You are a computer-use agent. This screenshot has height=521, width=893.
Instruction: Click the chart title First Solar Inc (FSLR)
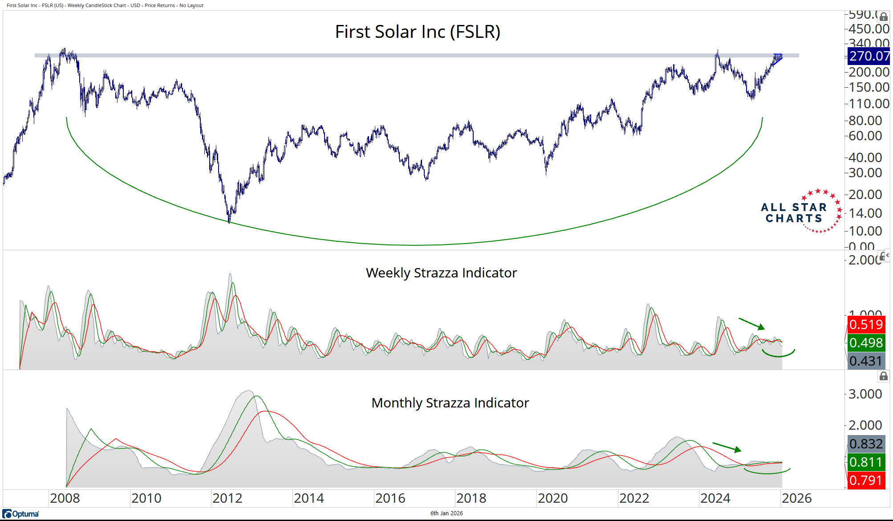(x=418, y=32)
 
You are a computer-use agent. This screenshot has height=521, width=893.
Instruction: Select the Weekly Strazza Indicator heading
(x=441, y=273)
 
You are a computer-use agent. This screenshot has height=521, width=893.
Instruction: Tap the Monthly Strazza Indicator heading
(x=450, y=403)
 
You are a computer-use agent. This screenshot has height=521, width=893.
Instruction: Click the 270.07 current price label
(x=869, y=56)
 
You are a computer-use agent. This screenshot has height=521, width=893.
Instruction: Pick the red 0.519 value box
(x=865, y=324)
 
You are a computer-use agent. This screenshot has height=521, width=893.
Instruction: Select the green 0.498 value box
(x=865, y=343)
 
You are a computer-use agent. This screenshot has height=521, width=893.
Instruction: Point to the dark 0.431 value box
(x=865, y=361)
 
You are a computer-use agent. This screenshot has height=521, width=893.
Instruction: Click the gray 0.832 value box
(x=865, y=444)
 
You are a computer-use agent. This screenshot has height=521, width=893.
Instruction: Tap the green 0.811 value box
(x=865, y=462)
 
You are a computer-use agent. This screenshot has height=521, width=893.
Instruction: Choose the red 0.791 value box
(x=865, y=480)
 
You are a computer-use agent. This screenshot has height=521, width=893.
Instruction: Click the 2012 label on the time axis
(x=227, y=498)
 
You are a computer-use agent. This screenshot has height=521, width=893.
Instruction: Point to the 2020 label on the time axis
(x=552, y=498)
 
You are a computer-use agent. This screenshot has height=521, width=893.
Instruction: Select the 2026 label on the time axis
(x=796, y=498)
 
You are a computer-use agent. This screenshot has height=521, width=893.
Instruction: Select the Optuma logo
(x=21, y=514)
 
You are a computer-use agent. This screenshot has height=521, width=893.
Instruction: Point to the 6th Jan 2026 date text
(x=446, y=513)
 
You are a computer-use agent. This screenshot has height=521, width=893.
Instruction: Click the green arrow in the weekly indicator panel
(x=751, y=324)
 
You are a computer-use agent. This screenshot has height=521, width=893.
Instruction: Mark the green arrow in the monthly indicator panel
(x=727, y=447)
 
